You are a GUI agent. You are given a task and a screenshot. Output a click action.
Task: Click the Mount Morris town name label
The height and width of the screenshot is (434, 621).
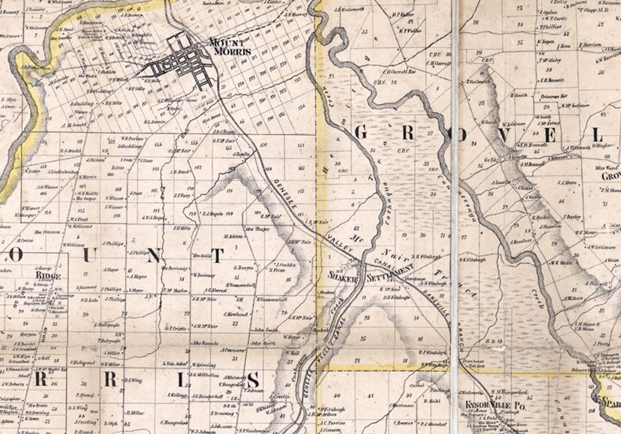pos(227,46)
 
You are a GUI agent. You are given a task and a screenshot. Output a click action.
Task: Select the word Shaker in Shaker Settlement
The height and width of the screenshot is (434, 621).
pos(343,279)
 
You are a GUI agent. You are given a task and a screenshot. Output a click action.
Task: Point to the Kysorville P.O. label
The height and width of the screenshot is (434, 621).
pos(495,405)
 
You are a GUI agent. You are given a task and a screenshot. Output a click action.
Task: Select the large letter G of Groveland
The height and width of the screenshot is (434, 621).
pos(361,134)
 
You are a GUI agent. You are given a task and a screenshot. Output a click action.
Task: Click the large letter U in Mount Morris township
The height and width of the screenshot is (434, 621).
pos(89,256)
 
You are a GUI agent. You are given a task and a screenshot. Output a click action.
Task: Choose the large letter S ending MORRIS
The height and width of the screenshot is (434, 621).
pos(253,380)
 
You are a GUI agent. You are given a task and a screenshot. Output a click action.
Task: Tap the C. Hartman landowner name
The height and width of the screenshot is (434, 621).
pos(399,405)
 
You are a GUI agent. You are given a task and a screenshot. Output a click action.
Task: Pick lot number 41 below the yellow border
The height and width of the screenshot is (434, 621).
pos(372,396)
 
